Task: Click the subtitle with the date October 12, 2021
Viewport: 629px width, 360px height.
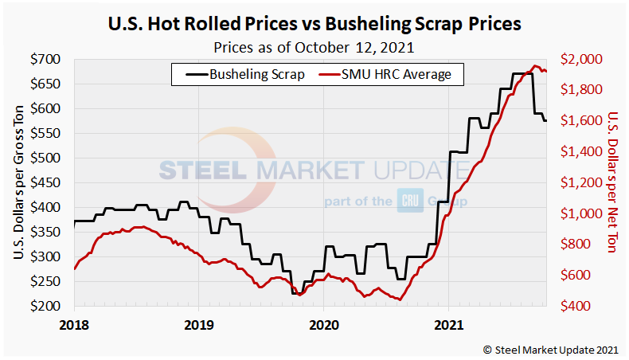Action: (314, 46)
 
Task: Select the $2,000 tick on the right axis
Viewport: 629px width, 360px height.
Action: (582, 60)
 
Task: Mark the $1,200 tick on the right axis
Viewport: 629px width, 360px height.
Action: (582, 183)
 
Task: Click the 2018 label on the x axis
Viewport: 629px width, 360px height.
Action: (74, 324)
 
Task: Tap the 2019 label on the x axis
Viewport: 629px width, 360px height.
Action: (198, 324)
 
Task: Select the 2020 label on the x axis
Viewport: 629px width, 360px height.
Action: (323, 324)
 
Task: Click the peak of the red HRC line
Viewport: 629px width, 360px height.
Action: (536, 66)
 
